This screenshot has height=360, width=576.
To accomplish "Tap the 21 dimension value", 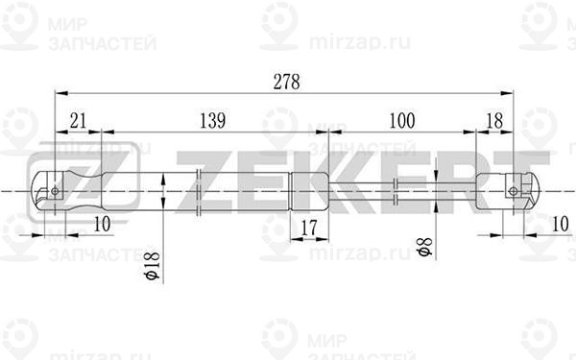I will coord(79,121).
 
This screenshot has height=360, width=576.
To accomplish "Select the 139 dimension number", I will coord(212,121).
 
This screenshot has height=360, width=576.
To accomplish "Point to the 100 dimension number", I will coord(401,121).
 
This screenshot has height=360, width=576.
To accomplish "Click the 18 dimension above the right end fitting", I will coord(493,121).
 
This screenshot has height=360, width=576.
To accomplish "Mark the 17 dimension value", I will coord(307,227).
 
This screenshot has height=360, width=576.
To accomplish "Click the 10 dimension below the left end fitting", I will coord(103,224).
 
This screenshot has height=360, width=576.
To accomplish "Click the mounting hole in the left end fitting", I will coord(56,190).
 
